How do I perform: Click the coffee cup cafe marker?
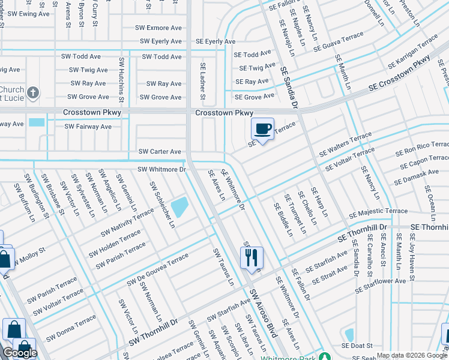[262, 128]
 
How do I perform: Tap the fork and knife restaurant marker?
[252, 257]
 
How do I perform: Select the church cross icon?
[33, 92]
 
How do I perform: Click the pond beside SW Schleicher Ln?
[179, 208]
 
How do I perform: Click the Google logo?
[20, 353]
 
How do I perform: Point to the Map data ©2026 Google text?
[412, 356]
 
